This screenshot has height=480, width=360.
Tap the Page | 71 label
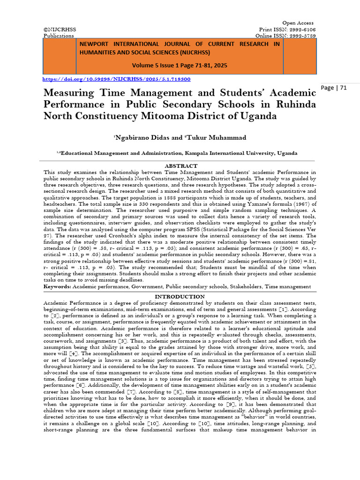[x=334, y=88]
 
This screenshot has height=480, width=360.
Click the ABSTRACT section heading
[x=180, y=166]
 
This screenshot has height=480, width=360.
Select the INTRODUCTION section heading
[x=180, y=297]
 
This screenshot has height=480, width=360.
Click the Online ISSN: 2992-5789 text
[x=285, y=36]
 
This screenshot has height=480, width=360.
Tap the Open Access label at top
[x=298, y=23]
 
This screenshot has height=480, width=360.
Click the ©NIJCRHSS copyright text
[x=60, y=30]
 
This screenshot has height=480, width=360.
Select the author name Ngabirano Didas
[x=139, y=137]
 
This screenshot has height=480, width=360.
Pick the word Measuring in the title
[x=69, y=92]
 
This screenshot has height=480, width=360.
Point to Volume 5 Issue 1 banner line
[x=180, y=66]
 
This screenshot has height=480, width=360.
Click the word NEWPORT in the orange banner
[x=97, y=44]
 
